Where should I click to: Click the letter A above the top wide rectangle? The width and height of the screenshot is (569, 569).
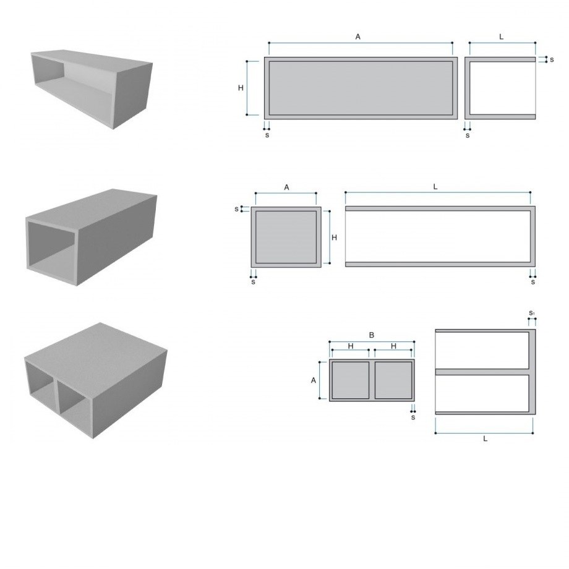[x=358, y=36]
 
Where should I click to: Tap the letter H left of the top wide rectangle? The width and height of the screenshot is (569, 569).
[x=241, y=88]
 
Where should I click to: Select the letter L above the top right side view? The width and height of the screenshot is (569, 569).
[x=502, y=36]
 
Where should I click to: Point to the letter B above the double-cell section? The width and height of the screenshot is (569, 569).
[x=371, y=335]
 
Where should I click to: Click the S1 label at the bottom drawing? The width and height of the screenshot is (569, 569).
[x=532, y=313]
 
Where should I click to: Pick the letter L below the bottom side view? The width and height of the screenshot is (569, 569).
[x=485, y=439]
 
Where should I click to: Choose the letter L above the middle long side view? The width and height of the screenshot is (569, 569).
[x=435, y=187]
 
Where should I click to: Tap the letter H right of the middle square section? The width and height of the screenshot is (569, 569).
[x=334, y=237]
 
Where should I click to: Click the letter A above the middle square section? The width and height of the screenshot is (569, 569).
[x=286, y=187]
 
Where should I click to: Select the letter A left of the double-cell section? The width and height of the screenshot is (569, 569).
[x=314, y=380]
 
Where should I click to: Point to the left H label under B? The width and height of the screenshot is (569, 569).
[x=351, y=346]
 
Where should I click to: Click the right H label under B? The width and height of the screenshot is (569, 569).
[x=394, y=346]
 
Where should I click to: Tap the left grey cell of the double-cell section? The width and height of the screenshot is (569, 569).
[x=350, y=380]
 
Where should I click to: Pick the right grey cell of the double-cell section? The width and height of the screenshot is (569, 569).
[x=393, y=380]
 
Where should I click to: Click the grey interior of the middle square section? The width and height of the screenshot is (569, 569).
[x=286, y=237]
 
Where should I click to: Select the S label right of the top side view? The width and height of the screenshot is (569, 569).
[x=552, y=59]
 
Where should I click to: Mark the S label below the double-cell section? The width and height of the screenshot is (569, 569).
[x=413, y=417]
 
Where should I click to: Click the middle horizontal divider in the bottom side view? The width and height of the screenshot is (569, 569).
[x=482, y=372]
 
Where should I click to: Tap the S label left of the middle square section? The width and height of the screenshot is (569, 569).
[x=237, y=210]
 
